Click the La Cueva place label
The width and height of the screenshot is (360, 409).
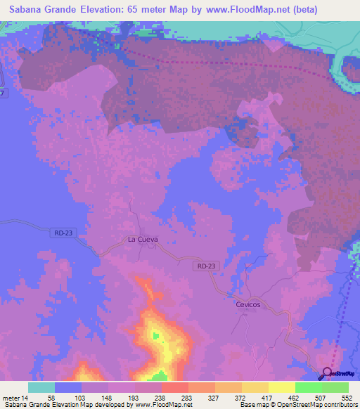(x=142, y=239)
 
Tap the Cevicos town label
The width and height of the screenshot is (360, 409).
(x=247, y=304)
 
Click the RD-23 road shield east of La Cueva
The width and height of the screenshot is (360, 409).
(x=207, y=266)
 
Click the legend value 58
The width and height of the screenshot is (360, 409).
(x=51, y=397)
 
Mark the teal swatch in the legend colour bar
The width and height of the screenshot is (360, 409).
(x=41, y=387)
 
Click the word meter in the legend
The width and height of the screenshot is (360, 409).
(x=12, y=397)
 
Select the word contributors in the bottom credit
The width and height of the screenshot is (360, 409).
(x=339, y=405)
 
